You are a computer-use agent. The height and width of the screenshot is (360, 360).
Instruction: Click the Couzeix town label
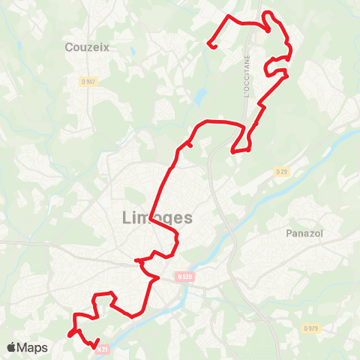[x=87, y=47]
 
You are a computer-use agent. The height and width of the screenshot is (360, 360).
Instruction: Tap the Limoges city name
[x=156, y=218]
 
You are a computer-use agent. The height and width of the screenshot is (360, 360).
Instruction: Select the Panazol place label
[x=304, y=233]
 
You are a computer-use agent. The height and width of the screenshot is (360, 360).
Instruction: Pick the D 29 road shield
[x=281, y=172]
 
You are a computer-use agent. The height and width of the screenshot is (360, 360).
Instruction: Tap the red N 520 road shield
[x=185, y=277]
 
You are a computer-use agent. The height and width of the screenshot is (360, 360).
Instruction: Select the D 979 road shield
[x=310, y=328]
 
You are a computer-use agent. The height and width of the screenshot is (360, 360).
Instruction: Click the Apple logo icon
[x=11, y=347]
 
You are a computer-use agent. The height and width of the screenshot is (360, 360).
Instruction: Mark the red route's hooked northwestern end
[x=213, y=47]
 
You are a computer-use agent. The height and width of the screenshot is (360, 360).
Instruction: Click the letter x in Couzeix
[x=106, y=47]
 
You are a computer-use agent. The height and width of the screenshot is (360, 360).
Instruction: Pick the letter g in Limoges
[x=166, y=220]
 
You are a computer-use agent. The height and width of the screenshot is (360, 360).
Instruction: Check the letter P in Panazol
[x=289, y=233]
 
